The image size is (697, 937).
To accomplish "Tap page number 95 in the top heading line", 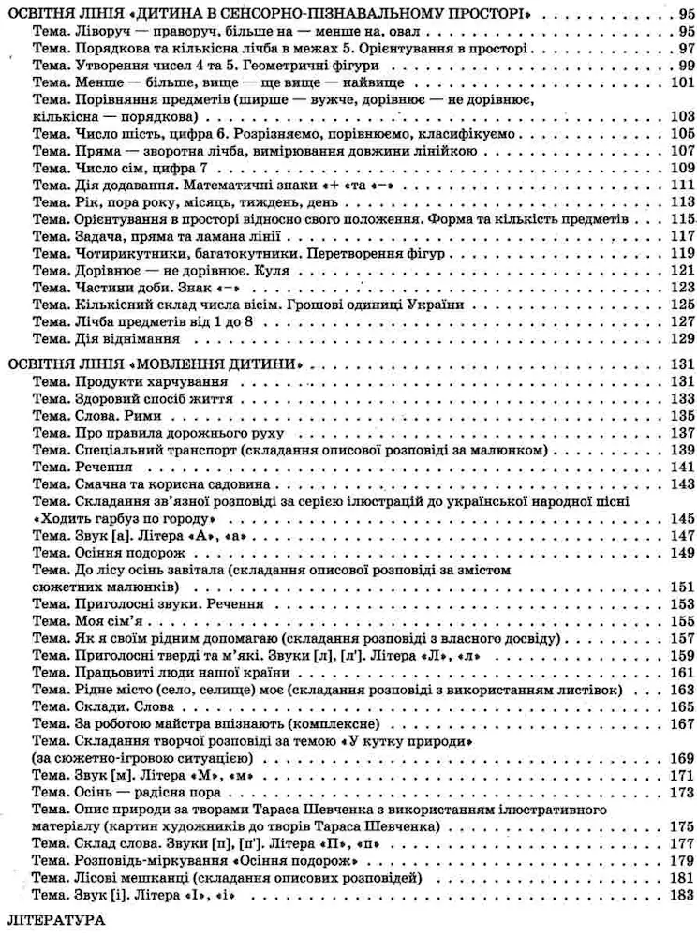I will point(681,14).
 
